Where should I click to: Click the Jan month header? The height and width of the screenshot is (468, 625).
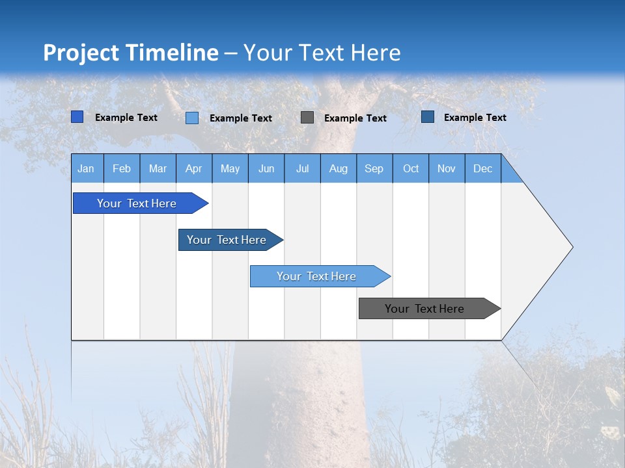tap(87, 168)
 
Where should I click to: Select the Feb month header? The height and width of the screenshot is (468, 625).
tap(122, 168)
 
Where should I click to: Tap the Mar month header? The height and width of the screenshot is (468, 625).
tap(158, 168)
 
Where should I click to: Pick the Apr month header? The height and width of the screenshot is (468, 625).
tap(194, 168)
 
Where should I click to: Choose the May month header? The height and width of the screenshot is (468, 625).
tap(230, 168)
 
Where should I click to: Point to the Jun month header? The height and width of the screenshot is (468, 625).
tap(266, 168)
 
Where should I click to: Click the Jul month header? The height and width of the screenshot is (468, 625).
tap(302, 168)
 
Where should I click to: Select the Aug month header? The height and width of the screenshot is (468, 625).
tap(339, 168)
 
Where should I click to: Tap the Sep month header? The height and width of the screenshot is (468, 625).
tap(374, 168)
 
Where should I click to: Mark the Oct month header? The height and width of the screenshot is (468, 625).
tap(411, 168)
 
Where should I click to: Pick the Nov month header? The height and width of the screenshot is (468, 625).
tap(447, 168)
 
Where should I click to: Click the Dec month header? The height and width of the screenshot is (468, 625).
tap(483, 168)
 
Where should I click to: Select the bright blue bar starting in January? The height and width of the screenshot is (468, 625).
tap(137, 203)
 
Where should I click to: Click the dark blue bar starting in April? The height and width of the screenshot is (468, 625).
tap(227, 240)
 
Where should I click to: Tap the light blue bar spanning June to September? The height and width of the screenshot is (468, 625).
tap(316, 276)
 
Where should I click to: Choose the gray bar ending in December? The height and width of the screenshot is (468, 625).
tap(425, 309)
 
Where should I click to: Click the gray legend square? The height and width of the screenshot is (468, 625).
tap(307, 118)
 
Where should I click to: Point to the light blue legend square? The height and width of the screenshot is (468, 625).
tap(192, 118)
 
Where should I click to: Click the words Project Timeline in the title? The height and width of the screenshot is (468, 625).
tap(131, 53)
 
